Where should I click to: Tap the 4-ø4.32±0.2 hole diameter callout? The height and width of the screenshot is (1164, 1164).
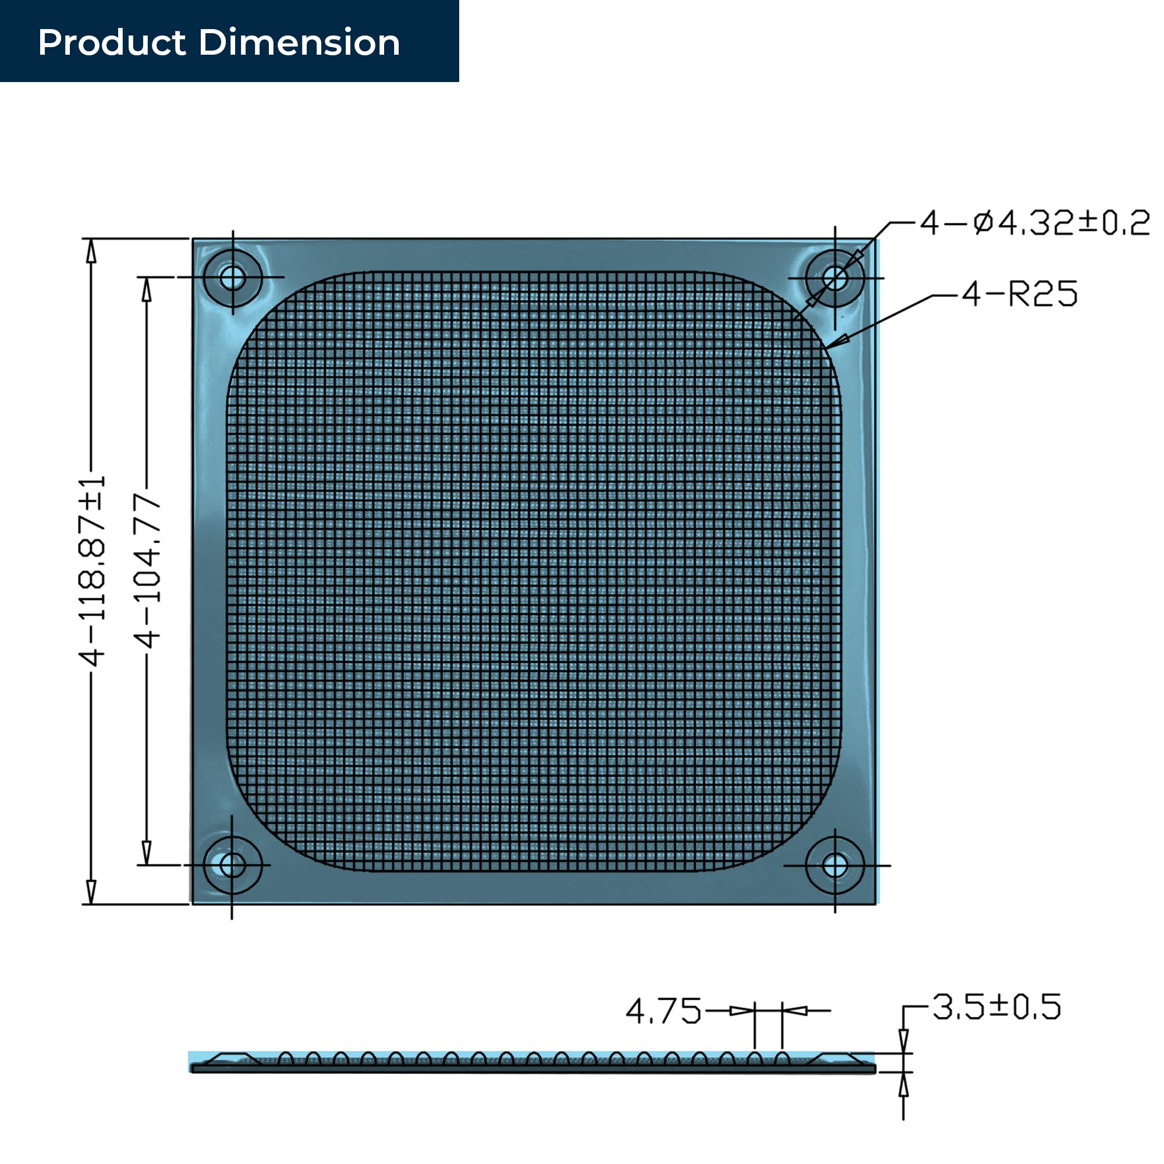1034,223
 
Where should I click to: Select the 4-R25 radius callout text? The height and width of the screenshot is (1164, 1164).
1020,294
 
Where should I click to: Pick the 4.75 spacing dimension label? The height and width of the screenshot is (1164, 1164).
663,1012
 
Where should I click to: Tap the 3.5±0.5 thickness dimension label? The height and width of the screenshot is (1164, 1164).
996,1007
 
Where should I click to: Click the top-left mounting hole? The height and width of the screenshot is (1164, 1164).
233,278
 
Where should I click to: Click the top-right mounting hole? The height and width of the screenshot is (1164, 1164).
835,278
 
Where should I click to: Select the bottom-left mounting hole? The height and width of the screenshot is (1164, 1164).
233,866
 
